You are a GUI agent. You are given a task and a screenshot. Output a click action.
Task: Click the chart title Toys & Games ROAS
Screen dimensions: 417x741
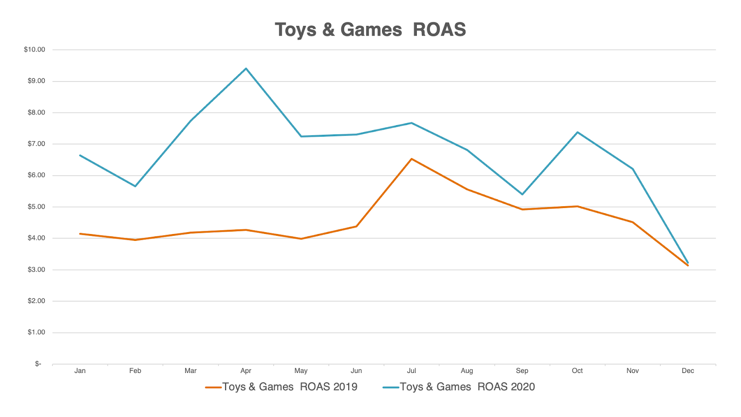[370, 30]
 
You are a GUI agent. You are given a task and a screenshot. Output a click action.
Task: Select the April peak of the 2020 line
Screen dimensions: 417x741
[246, 69]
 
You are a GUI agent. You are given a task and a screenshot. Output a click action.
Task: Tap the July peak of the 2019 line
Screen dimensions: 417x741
[411, 159]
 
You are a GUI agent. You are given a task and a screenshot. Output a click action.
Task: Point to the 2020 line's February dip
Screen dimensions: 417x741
[135, 186]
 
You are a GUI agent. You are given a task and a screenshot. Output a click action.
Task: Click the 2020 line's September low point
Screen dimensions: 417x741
[522, 194]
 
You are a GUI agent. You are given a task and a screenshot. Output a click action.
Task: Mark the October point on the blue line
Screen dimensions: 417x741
[578, 132]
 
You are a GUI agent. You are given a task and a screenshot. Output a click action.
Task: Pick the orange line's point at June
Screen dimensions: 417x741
[356, 226]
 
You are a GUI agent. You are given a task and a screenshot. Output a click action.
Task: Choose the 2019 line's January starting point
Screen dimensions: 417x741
[80, 234]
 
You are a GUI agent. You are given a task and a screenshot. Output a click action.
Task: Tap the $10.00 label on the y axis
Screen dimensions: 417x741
[35, 50]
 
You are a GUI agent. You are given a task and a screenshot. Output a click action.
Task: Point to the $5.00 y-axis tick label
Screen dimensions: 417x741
[37, 207]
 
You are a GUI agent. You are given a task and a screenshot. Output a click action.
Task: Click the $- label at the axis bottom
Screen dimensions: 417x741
[38, 364]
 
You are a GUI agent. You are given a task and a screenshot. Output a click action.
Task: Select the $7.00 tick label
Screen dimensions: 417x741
[37, 144]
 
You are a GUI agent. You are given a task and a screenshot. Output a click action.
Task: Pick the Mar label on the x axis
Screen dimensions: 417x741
[190, 371]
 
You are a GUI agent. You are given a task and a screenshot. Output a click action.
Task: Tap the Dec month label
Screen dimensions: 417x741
[688, 371]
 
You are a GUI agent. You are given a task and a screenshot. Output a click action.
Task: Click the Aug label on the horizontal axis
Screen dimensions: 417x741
[467, 371]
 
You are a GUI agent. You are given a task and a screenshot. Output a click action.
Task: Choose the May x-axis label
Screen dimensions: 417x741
[301, 371]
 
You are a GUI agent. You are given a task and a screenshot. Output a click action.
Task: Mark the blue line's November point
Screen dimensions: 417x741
[633, 169]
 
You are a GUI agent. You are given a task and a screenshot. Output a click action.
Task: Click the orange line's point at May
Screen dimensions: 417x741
[301, 239]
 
